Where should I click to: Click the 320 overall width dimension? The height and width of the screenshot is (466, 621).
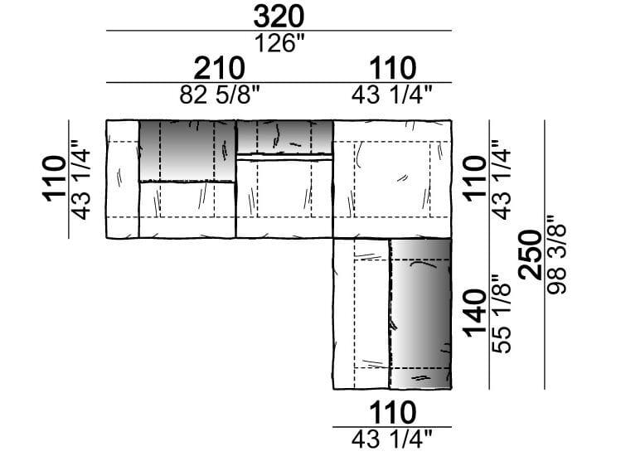point(279,17)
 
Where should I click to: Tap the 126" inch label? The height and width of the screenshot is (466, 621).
point(280,43)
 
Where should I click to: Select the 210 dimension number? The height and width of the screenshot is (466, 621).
point(219,69)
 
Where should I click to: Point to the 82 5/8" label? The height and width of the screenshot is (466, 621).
point(220,95)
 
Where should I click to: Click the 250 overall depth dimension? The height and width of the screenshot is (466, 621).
point(531,255)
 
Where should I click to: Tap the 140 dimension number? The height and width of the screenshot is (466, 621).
point(475,313)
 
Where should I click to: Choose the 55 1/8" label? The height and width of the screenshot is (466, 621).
point(501,314)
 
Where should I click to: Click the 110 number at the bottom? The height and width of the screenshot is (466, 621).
point(392,413)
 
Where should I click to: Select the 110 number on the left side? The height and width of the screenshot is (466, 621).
point(53,179)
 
